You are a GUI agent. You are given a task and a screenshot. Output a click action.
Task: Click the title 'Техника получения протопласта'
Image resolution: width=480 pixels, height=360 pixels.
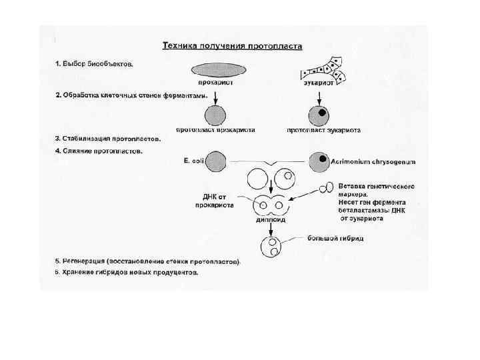pos(233,47)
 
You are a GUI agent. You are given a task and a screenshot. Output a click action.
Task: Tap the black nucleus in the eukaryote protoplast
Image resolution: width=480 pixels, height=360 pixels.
pos(322,113)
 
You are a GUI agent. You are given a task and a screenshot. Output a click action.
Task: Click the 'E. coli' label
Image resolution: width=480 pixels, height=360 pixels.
pos(193,160)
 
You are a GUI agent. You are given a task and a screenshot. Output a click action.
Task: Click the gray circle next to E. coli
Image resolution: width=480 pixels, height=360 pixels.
pos(216,161)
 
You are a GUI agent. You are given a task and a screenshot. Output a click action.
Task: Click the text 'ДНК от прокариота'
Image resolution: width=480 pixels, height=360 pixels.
pos(218,201)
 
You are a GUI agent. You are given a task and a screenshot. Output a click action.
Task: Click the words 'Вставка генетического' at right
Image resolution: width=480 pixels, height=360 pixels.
pos(377,185)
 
